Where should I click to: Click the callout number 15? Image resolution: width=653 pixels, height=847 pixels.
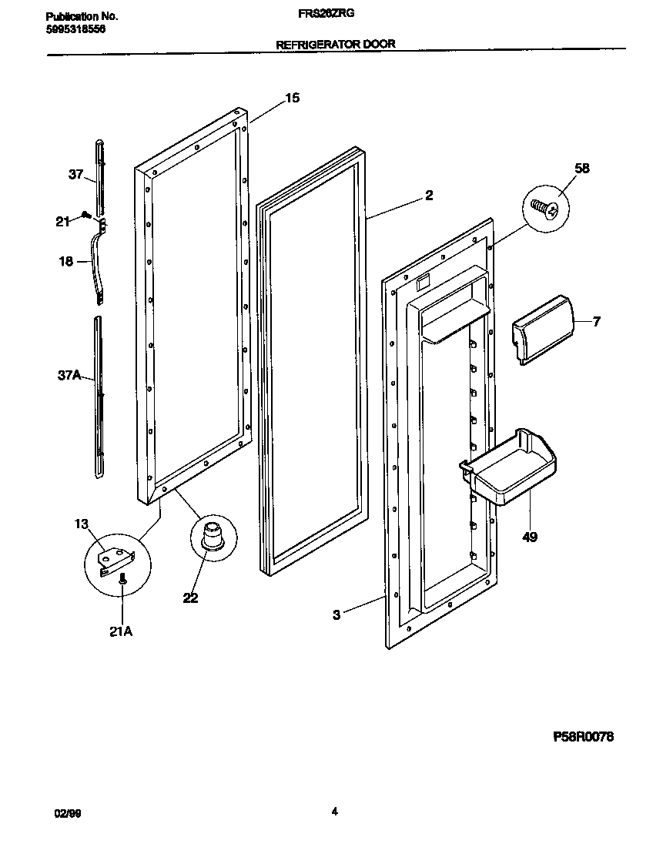coord(292,98)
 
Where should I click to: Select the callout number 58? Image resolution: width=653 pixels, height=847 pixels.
coord(582,169)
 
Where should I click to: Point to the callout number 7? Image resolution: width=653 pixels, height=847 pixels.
coord(596,321)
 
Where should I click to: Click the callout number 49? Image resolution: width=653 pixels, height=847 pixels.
coord(530,536)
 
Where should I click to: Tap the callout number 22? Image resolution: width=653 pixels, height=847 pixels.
coord(190,598)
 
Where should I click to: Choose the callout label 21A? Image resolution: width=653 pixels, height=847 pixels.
coord(121,631)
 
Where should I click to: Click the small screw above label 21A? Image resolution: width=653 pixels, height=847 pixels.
coord(122,585)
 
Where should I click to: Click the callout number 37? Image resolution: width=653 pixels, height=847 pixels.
coord(75,175)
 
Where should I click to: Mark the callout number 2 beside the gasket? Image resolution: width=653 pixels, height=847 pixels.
coord(429,196)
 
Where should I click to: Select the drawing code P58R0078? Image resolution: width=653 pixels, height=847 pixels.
coord(584,737)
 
